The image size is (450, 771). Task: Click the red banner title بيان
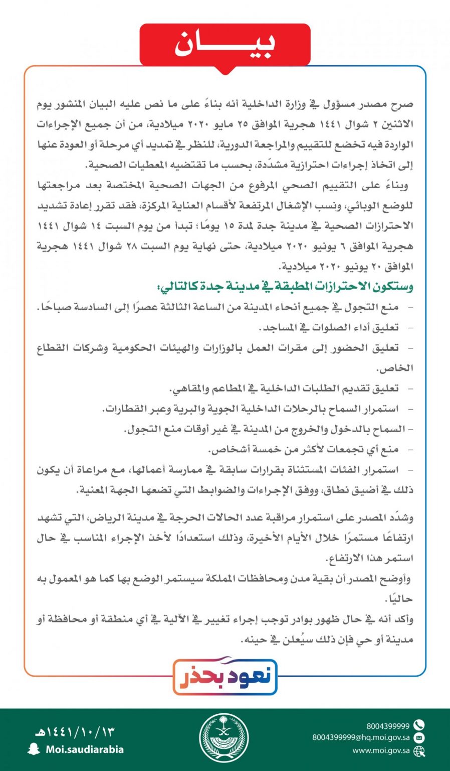(224, 45)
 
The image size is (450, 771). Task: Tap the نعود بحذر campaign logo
(225, 676)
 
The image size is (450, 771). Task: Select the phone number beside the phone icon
(387, 726)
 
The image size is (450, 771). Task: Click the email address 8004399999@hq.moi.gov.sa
(361, 738)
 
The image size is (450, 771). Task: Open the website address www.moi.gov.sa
(381, 751)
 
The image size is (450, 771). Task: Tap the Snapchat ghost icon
(34, 749)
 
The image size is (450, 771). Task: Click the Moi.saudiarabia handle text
(84, 749)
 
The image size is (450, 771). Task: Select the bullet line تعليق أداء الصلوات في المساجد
(328, 328)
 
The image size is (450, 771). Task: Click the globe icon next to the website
(419, 751)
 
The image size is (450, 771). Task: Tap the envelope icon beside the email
(419, 738)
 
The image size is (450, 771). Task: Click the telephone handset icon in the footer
(419, 725)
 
